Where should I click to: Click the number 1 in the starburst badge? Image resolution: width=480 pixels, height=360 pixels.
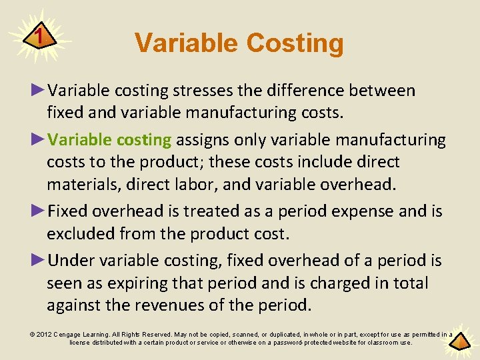[x=41, y=35]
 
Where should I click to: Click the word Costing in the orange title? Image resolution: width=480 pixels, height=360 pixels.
[x=295, y=43]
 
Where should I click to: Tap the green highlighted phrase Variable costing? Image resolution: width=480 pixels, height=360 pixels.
[x=110, y=140]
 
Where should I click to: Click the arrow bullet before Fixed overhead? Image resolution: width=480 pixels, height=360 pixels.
[x=39, y=211]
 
